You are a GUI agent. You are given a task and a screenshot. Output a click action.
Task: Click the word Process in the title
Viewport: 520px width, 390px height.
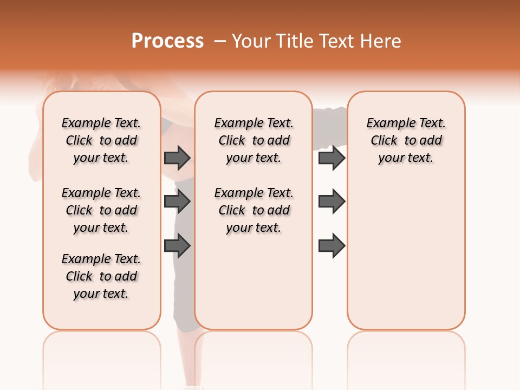coord(167,41)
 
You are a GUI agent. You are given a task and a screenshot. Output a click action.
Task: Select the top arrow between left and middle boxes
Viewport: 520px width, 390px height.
coord(177,158)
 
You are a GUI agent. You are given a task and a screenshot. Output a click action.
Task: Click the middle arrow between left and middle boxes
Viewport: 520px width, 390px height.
coord(177,201)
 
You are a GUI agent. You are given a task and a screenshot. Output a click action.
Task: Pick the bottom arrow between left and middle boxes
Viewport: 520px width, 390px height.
coord(177,246)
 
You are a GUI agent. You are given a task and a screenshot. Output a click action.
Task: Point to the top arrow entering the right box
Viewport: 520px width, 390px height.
coord(331,158)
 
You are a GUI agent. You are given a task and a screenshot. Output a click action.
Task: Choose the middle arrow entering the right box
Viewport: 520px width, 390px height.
coord(331,201)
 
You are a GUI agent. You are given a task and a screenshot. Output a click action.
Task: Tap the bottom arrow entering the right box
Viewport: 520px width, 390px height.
coord(331,246)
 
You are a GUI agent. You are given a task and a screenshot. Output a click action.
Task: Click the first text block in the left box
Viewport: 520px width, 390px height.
coord(101,140)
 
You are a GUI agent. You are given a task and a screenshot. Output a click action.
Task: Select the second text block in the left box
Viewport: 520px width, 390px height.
coord(101,210)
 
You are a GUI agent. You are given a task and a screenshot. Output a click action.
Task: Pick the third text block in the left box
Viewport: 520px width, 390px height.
coord(101,276)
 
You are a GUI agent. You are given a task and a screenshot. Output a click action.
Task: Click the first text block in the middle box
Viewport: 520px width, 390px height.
coord(253,140)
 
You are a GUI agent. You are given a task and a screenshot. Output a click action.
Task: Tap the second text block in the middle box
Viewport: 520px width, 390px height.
coord(253,210)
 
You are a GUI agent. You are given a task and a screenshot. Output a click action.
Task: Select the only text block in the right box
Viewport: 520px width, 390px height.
coord(406,140)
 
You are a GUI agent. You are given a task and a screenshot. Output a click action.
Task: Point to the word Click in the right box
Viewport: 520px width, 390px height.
coord(384,141)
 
